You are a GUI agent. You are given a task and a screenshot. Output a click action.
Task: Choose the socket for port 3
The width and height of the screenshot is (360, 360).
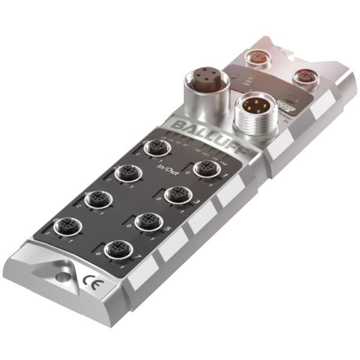click(x=177, y=194)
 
